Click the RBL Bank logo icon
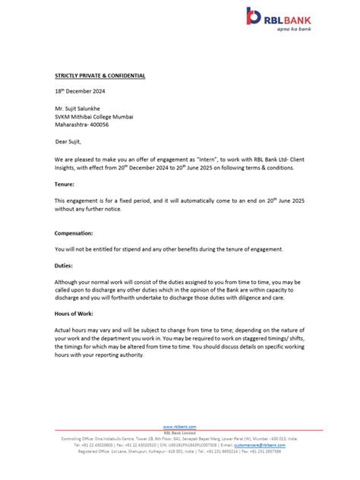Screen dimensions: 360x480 253,15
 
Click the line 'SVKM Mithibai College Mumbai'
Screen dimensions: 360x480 94,116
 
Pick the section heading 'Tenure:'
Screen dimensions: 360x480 65,185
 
